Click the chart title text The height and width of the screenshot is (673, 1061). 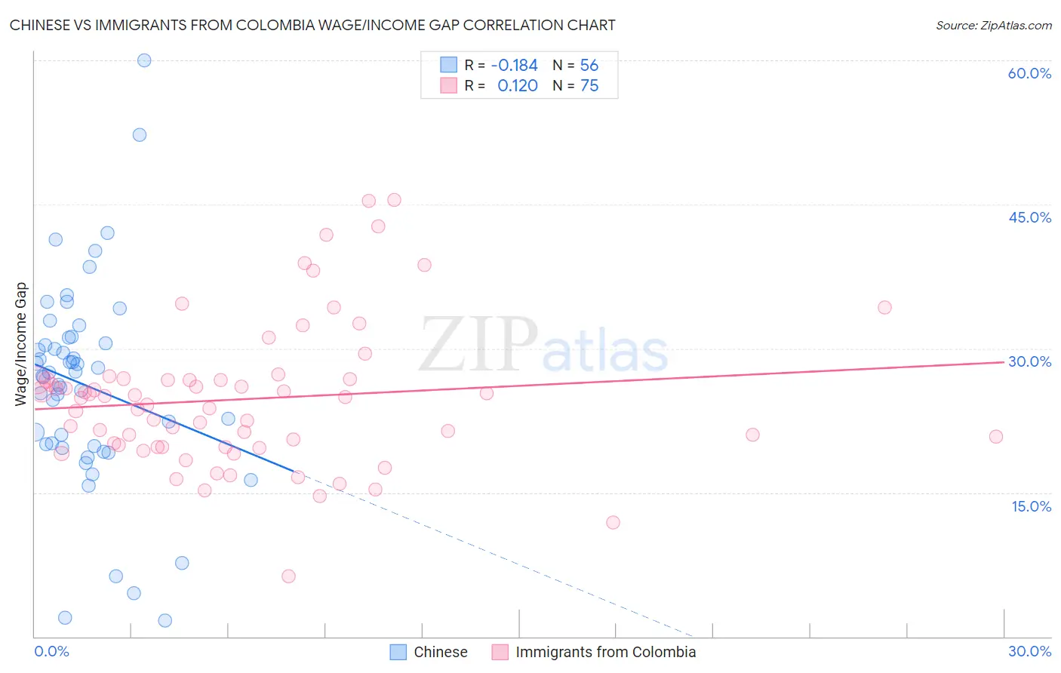tap(312, 25)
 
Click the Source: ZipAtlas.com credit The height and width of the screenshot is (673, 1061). tap(993, 25)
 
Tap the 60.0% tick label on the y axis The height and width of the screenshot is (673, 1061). tap(1029, 73)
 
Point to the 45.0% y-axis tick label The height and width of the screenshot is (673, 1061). tap(1029, 217)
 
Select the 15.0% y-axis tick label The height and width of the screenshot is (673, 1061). tap(1031, 506)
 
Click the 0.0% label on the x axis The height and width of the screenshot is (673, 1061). tap(51, 651)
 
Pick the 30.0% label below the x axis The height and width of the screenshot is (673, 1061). tap(1029, 651)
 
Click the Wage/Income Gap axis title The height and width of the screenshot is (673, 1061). tap(21, 344)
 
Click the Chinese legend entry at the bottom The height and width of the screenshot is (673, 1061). tap(429, 652)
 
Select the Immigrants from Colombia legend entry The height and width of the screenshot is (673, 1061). tap(595, 652)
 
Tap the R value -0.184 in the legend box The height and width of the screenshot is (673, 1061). tap(514, 66)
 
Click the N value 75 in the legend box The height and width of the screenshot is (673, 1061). tap(589, 86)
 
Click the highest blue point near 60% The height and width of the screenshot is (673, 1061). tap(144, 60)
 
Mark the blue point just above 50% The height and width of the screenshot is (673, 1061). tap(140, 135)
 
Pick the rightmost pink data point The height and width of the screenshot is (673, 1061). tap(996, 437)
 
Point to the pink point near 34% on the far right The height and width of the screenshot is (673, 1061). tap(884, 307)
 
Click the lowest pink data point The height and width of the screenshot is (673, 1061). tap(288, 576)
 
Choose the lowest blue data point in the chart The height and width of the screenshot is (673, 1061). tap(165, 620)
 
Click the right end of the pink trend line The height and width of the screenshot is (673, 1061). tap(1004, 362)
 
